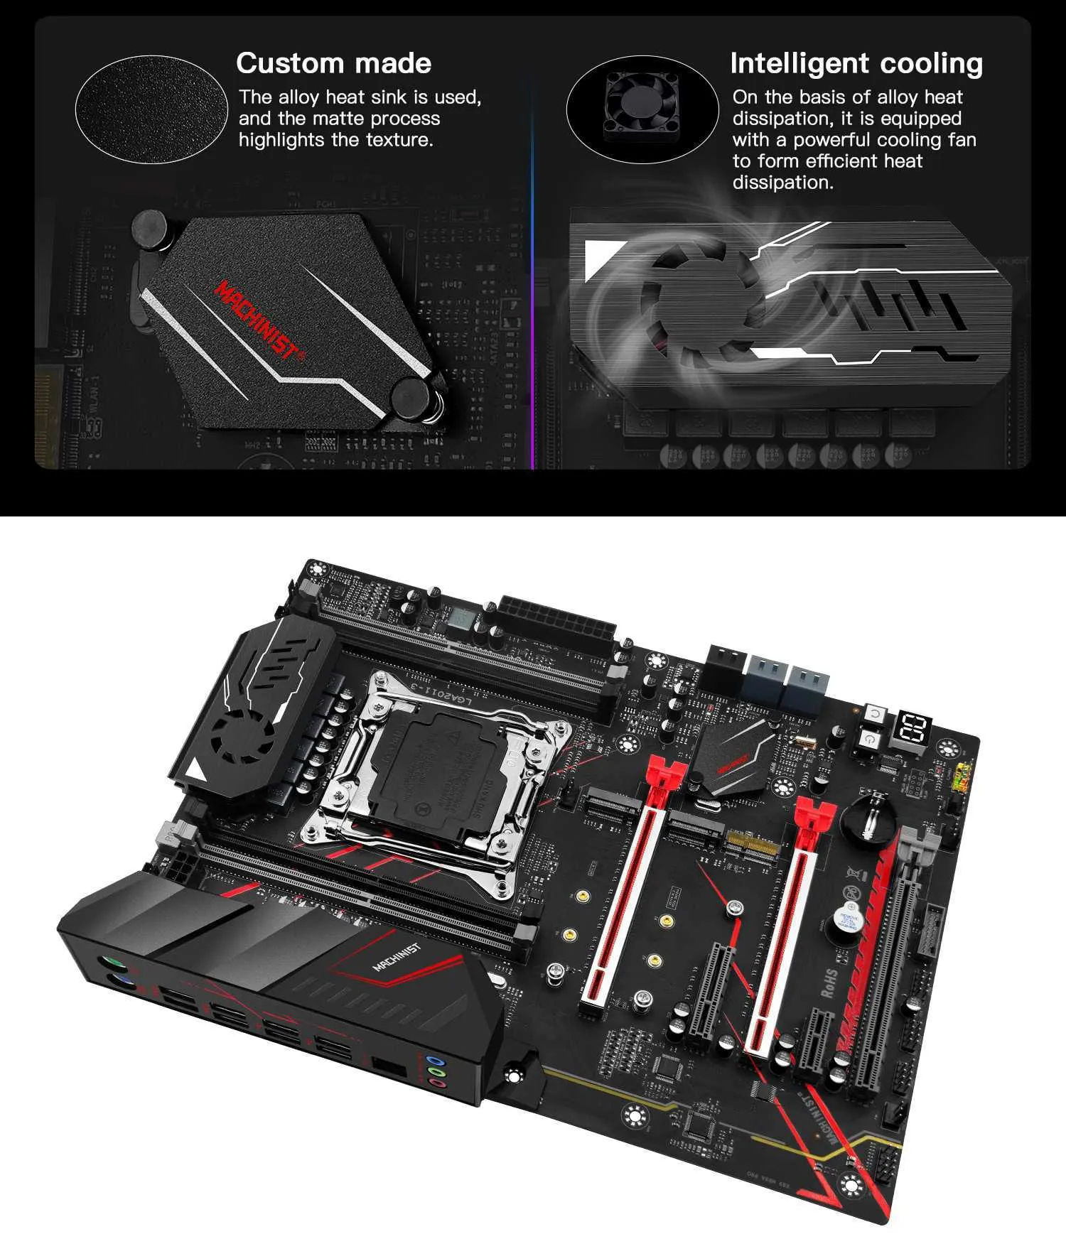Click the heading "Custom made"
tap(333, 63)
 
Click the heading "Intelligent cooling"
tap(856, 63)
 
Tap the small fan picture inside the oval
tap(642, 107)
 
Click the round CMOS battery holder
tap(869, 818)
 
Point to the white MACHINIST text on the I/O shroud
tap(397, 957)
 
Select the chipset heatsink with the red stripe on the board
tap(733, 753)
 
